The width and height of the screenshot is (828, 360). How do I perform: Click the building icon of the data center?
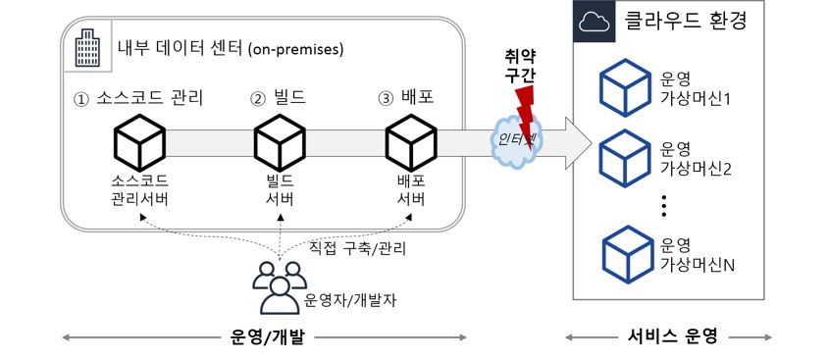(x=87, y=48)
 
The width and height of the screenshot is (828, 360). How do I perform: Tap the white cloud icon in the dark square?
(x=595, y=22)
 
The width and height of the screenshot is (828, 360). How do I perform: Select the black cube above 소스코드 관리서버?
(x=140, y=142)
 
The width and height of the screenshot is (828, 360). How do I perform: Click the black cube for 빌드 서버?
(x=280, y=142)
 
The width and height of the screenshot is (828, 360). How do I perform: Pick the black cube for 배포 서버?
(x=411, y=142)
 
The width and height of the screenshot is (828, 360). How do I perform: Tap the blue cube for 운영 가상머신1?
(x=625, y=88)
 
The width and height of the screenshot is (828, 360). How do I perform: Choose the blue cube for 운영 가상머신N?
(x=627, y=253)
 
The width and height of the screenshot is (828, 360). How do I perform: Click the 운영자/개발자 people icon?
(x=279, y=286)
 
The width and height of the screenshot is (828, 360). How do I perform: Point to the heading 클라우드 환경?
(x=686, y=22)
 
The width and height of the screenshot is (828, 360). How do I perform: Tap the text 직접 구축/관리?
(x=357, y=248)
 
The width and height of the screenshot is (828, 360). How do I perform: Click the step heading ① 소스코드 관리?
(x=138, y=99)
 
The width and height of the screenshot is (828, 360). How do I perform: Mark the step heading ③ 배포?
(x=406, y=99)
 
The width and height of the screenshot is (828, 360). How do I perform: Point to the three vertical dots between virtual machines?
(x=664, y=206)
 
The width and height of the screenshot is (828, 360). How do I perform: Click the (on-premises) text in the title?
(x=295, y=50)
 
